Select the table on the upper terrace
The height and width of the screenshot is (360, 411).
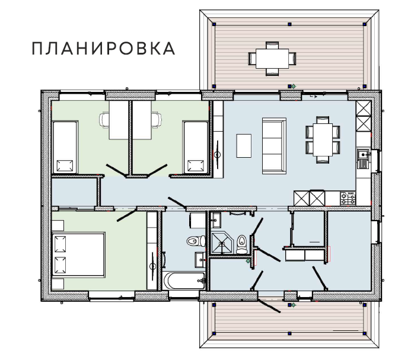coord(272,58)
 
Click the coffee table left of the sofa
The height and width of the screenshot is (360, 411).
coord(244,145)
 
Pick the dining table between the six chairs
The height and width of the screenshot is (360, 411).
coord(323,138)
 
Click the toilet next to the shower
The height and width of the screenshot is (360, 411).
coord(242,244)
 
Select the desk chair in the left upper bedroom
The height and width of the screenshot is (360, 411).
coord(105,120)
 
